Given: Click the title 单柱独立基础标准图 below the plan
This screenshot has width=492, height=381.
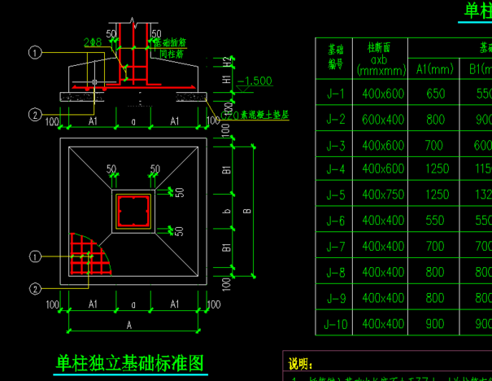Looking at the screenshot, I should pyautogui.click(x=128, y=362).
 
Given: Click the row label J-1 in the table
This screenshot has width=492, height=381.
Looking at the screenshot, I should pyautogui.click(x=335, y=94).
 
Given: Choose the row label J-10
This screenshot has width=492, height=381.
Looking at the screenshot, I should pyautogui.click(x=335, y=323).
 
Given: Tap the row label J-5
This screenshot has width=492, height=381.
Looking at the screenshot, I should pyautogui.click(x=335, y=195).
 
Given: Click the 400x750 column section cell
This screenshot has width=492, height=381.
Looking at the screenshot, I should pyautogui.click(x=383, y=195).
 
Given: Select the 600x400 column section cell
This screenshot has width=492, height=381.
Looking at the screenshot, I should pyautogui.click(x=383, y=119).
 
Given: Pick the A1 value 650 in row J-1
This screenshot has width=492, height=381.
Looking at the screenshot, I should pyautogui.click(x=435, y=94).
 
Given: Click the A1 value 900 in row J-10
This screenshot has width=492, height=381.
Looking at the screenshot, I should pyautogui.click(x=435, y=323).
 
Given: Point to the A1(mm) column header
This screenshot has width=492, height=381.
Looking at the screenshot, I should pyautogui.click(x=435, y=68).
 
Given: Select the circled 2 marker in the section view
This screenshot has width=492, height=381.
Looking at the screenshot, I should pyautogui.click(x=34, y=115).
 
